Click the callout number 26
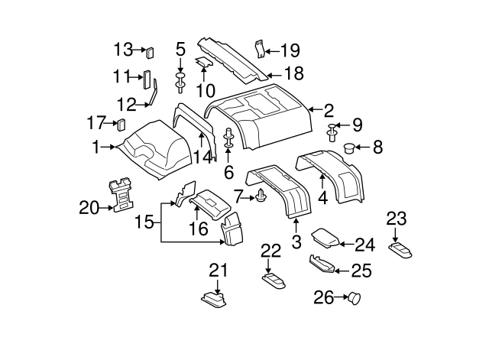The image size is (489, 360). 324,298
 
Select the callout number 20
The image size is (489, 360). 89,206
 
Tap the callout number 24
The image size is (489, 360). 365,245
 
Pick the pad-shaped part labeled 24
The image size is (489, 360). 329,238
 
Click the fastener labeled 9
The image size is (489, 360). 333,133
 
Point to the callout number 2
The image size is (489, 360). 329,109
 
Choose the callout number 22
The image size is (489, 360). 270,250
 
